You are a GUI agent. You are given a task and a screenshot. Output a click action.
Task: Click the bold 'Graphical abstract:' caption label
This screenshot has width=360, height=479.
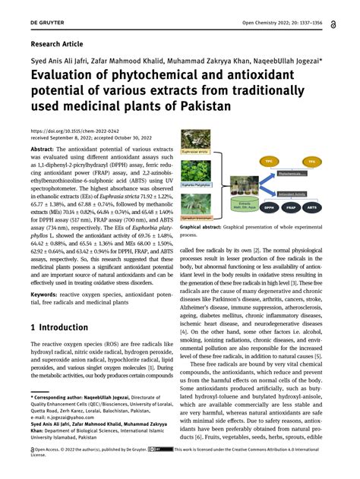coord(207,227)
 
